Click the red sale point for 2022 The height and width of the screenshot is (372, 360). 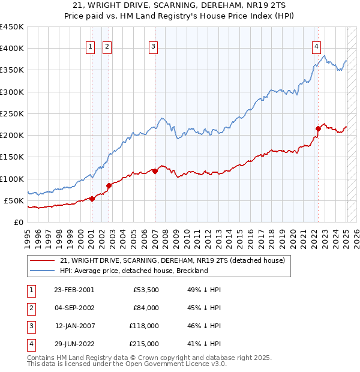pyautogui.click(x=318, y=128)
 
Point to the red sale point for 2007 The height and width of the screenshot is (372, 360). pyautogui.click(x=155, y=171)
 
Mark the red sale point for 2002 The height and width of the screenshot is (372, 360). pyautogui.click(x=109, y=185)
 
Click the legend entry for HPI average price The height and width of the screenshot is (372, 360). pyautogui.click(x=133, y=271)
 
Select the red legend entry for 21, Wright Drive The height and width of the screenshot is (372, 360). pyautogui.click(x=173, y=260)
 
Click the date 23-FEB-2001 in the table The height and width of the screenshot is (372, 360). pyautogui.click(x=74, y=290)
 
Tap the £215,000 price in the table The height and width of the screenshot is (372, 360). pyautogui.click(x=143, y=344)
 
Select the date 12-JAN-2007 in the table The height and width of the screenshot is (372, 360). pyautogui.click(x=74, y=326)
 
